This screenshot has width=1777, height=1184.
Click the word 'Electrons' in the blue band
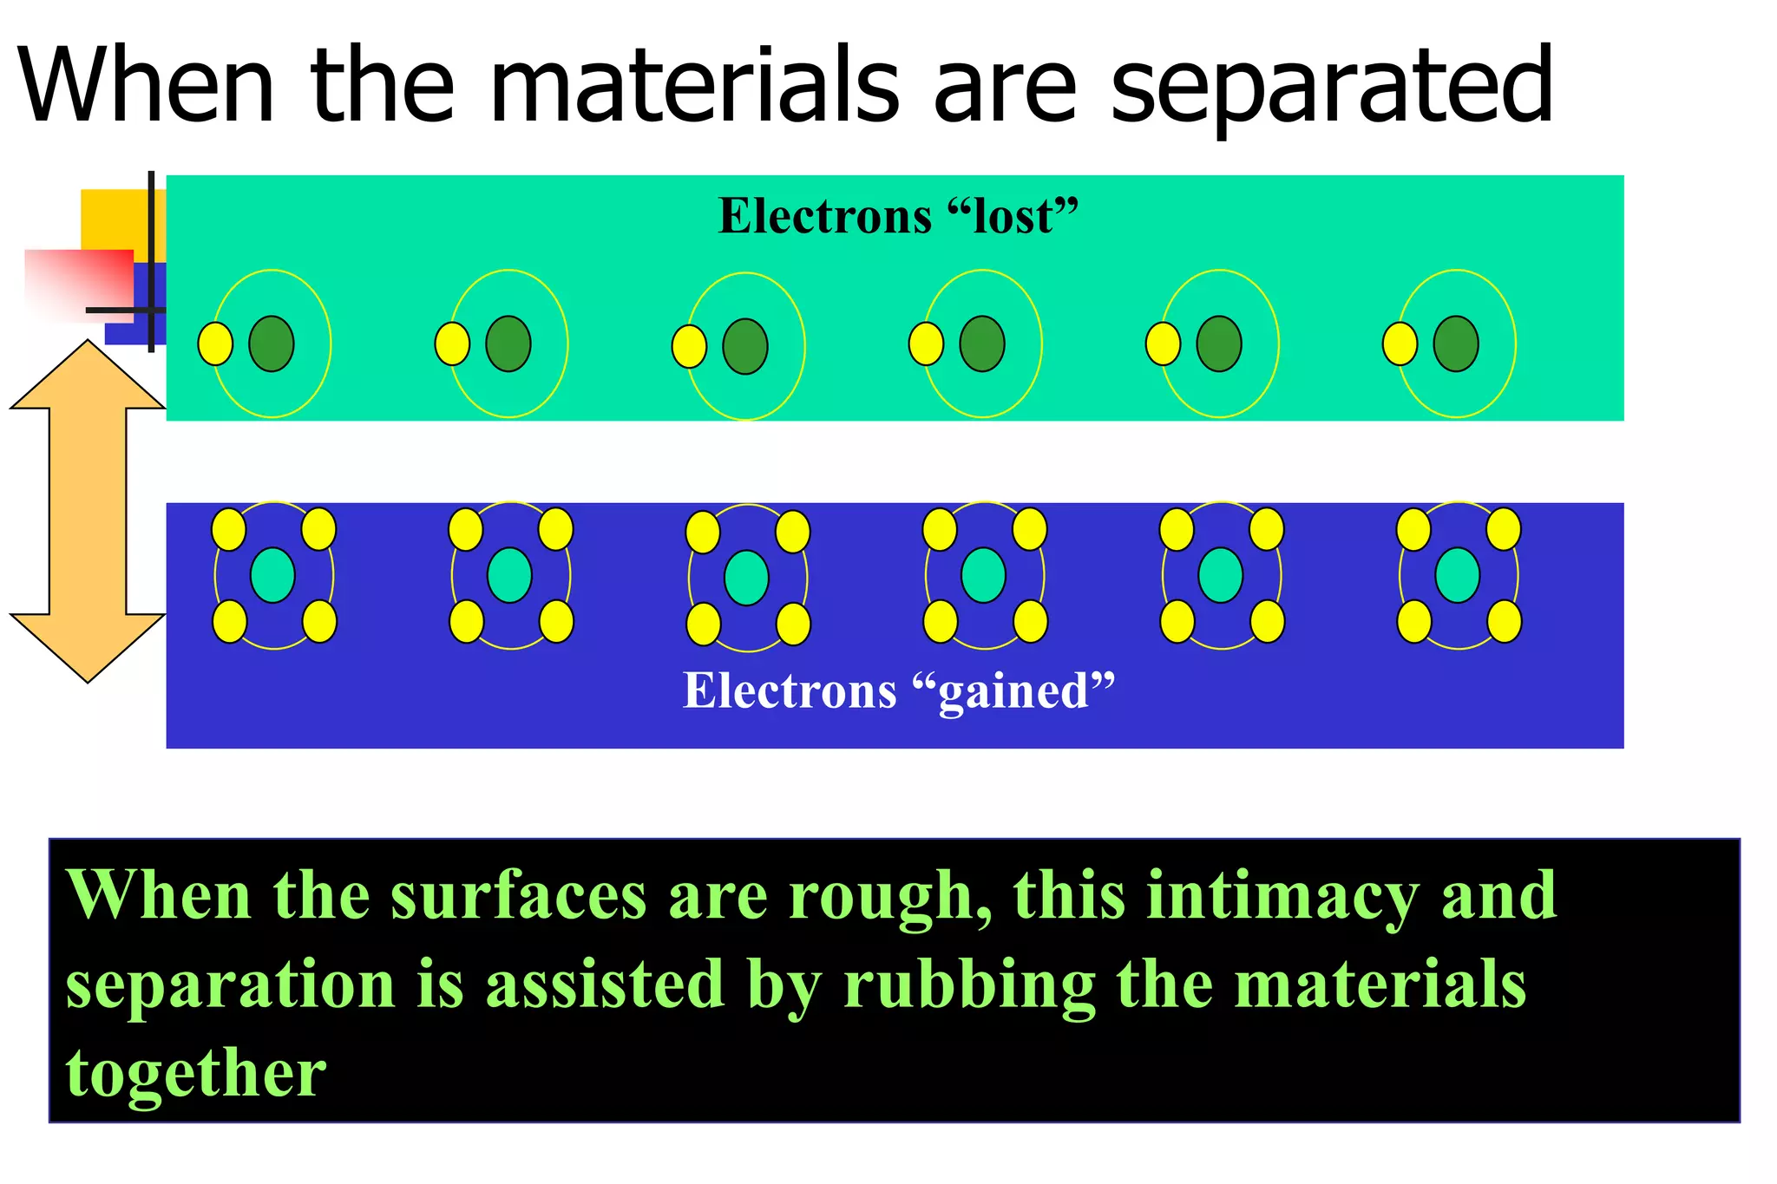tap(790, 691)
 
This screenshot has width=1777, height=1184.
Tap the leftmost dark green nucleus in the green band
tap(272, 344)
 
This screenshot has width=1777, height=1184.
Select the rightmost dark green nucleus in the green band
tap(1456, 344)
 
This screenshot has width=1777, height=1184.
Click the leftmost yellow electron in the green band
tap(215, 344)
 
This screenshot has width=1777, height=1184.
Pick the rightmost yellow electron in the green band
tap(1400, 344)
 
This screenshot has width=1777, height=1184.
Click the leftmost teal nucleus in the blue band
tap(272, 575)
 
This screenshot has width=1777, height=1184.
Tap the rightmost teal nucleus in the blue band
tap(1458, 575)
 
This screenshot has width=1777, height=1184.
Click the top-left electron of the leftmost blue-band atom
tap(229, 530)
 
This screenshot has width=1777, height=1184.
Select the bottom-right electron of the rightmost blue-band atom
tap(1504, 622)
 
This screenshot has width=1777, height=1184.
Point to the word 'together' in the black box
tap(196, 1074)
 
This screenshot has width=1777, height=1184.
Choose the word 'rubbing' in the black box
tap(969, 985)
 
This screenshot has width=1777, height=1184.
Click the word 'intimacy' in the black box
tap(1282, 897)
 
